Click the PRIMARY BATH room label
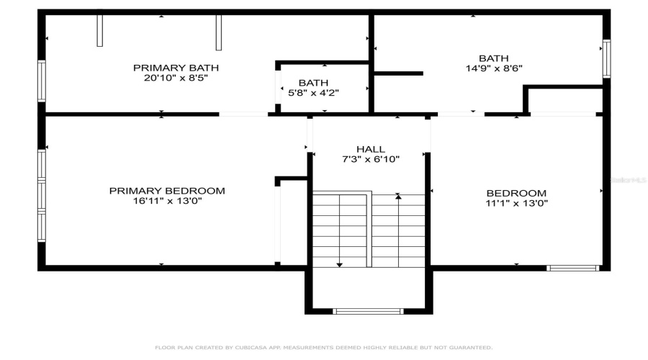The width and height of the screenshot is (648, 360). click(176, 68)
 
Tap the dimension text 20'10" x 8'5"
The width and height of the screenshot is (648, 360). click(176, 78)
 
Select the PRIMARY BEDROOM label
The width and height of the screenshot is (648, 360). click(167, 191)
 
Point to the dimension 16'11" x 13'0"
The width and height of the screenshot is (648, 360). click(167, 202)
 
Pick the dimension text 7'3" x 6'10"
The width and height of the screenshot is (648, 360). click(371, 159)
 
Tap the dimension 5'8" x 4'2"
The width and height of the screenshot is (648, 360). click(313, 93)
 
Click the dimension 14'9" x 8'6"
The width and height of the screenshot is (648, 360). click(493, 69)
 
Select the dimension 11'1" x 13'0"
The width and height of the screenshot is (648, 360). click(516, 203)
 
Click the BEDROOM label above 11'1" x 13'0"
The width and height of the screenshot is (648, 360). click(516, 193)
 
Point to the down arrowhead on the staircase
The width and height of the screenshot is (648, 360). click(339, 264)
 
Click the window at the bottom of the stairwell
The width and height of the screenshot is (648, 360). click(368, 312)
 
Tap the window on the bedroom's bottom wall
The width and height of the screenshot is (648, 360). click(572, 268)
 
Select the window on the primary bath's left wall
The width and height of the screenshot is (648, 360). click(42, 81)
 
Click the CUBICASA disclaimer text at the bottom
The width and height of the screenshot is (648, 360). click(324, 348)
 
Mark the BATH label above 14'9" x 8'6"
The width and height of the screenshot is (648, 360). click(493, 58)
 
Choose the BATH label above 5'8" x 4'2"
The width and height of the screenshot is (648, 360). click(313, 83)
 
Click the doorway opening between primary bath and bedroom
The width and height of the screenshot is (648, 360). click(243, 114)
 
